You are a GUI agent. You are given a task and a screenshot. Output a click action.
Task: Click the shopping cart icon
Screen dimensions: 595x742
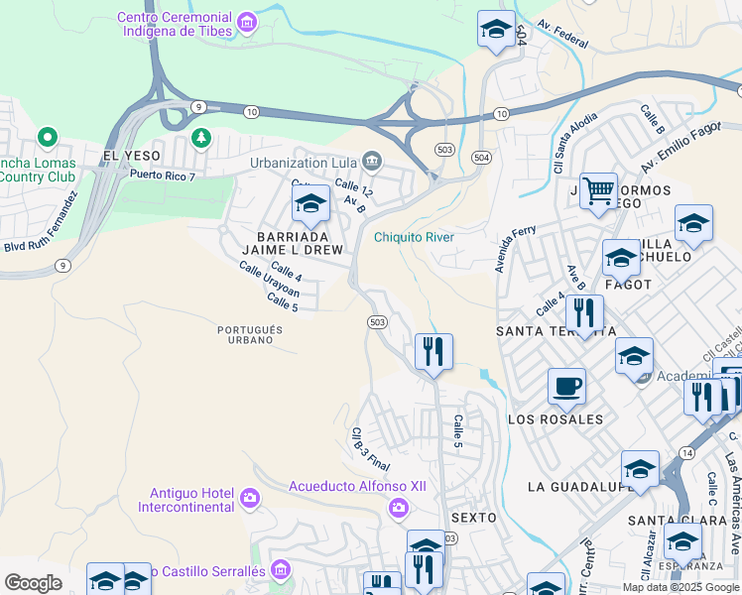pyautogui.click(x=598, y=188)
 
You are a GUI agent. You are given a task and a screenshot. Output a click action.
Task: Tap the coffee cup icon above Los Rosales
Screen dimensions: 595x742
pyautogui.click(x=566, y=385)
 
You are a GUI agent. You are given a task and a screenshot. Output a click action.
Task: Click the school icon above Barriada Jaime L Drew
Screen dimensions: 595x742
pyautogui.click(x=310, y=204)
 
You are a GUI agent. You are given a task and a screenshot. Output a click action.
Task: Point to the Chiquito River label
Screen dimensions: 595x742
pyautogui.click(x=414, y=237)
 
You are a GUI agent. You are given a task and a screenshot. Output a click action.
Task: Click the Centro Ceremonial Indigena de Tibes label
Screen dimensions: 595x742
pyautogui.click(x=175, y=24)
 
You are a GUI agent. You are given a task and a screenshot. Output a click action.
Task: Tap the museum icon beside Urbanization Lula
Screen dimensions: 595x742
pyautogui.click(x=371, y=160)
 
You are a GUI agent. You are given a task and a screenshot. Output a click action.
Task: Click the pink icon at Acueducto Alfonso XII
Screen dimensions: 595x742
pyautogui.click(x=399, y=508)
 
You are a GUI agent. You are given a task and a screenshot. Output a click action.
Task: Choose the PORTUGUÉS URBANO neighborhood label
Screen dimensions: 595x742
pyautogui.click(x=250, y=335)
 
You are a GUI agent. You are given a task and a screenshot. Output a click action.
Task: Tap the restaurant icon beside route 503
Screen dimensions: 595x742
pyautogui.click(x=433, y=351)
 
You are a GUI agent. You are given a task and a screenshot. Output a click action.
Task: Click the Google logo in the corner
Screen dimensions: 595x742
pyautogui.click(x=33, y=582)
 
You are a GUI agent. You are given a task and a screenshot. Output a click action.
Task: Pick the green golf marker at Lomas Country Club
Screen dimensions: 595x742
pyautogui.click(x=46, y=137)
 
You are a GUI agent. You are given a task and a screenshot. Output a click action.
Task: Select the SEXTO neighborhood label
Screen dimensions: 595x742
pyautogui.click(x=472, y=518)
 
